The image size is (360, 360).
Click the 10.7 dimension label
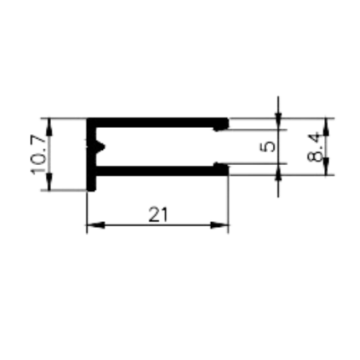38,154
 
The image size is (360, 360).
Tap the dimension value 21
158,214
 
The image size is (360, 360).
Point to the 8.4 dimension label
314,148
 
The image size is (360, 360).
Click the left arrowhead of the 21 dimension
95,225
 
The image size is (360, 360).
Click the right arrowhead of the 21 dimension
219,225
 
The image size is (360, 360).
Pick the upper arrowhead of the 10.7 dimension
49,127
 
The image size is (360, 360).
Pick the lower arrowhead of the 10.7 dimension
49,182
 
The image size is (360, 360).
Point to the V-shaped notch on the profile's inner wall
100,147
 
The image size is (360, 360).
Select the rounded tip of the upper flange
222,124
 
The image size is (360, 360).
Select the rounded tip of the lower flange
222,169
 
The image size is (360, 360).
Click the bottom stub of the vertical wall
91,183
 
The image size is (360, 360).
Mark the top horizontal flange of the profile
157,123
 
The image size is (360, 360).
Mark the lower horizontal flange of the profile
162,171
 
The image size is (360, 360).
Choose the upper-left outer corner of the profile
87,119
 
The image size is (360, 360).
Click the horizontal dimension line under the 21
157,225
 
